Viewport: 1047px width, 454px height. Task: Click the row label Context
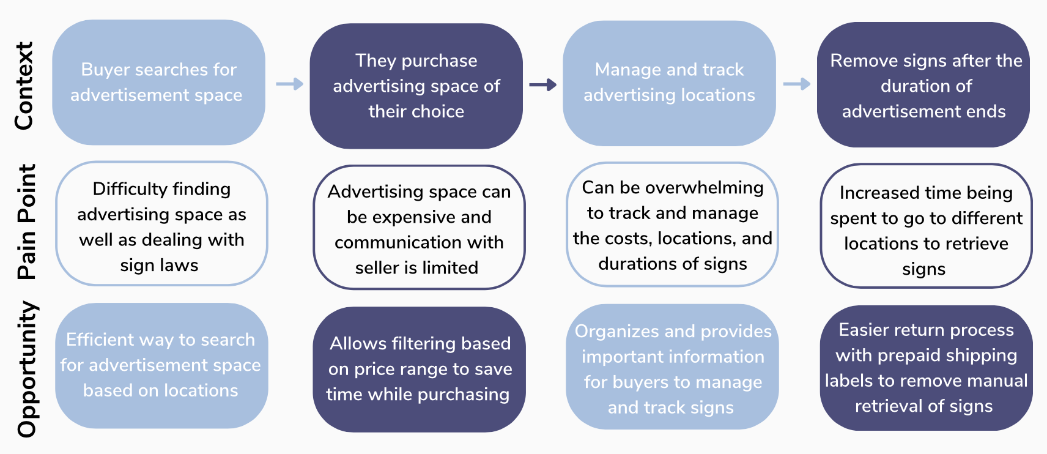coord(24,86)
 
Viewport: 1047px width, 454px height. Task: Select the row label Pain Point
coord(27,221)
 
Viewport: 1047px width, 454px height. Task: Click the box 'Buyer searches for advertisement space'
coord(158,83)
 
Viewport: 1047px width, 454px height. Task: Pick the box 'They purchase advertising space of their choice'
coord(416,86)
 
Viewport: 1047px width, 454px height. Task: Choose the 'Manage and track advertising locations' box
coord(669,83)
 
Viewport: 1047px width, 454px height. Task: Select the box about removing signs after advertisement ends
coord(923,86)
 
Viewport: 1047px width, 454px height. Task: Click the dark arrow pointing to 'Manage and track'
coord(542,84)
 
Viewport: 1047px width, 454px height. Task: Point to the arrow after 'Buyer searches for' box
coord(289,84)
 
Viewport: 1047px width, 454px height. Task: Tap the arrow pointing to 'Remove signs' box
coord(796,84)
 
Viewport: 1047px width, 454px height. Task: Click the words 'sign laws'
coord(159,266)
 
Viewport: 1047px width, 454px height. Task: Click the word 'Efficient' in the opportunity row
coord(100,340)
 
